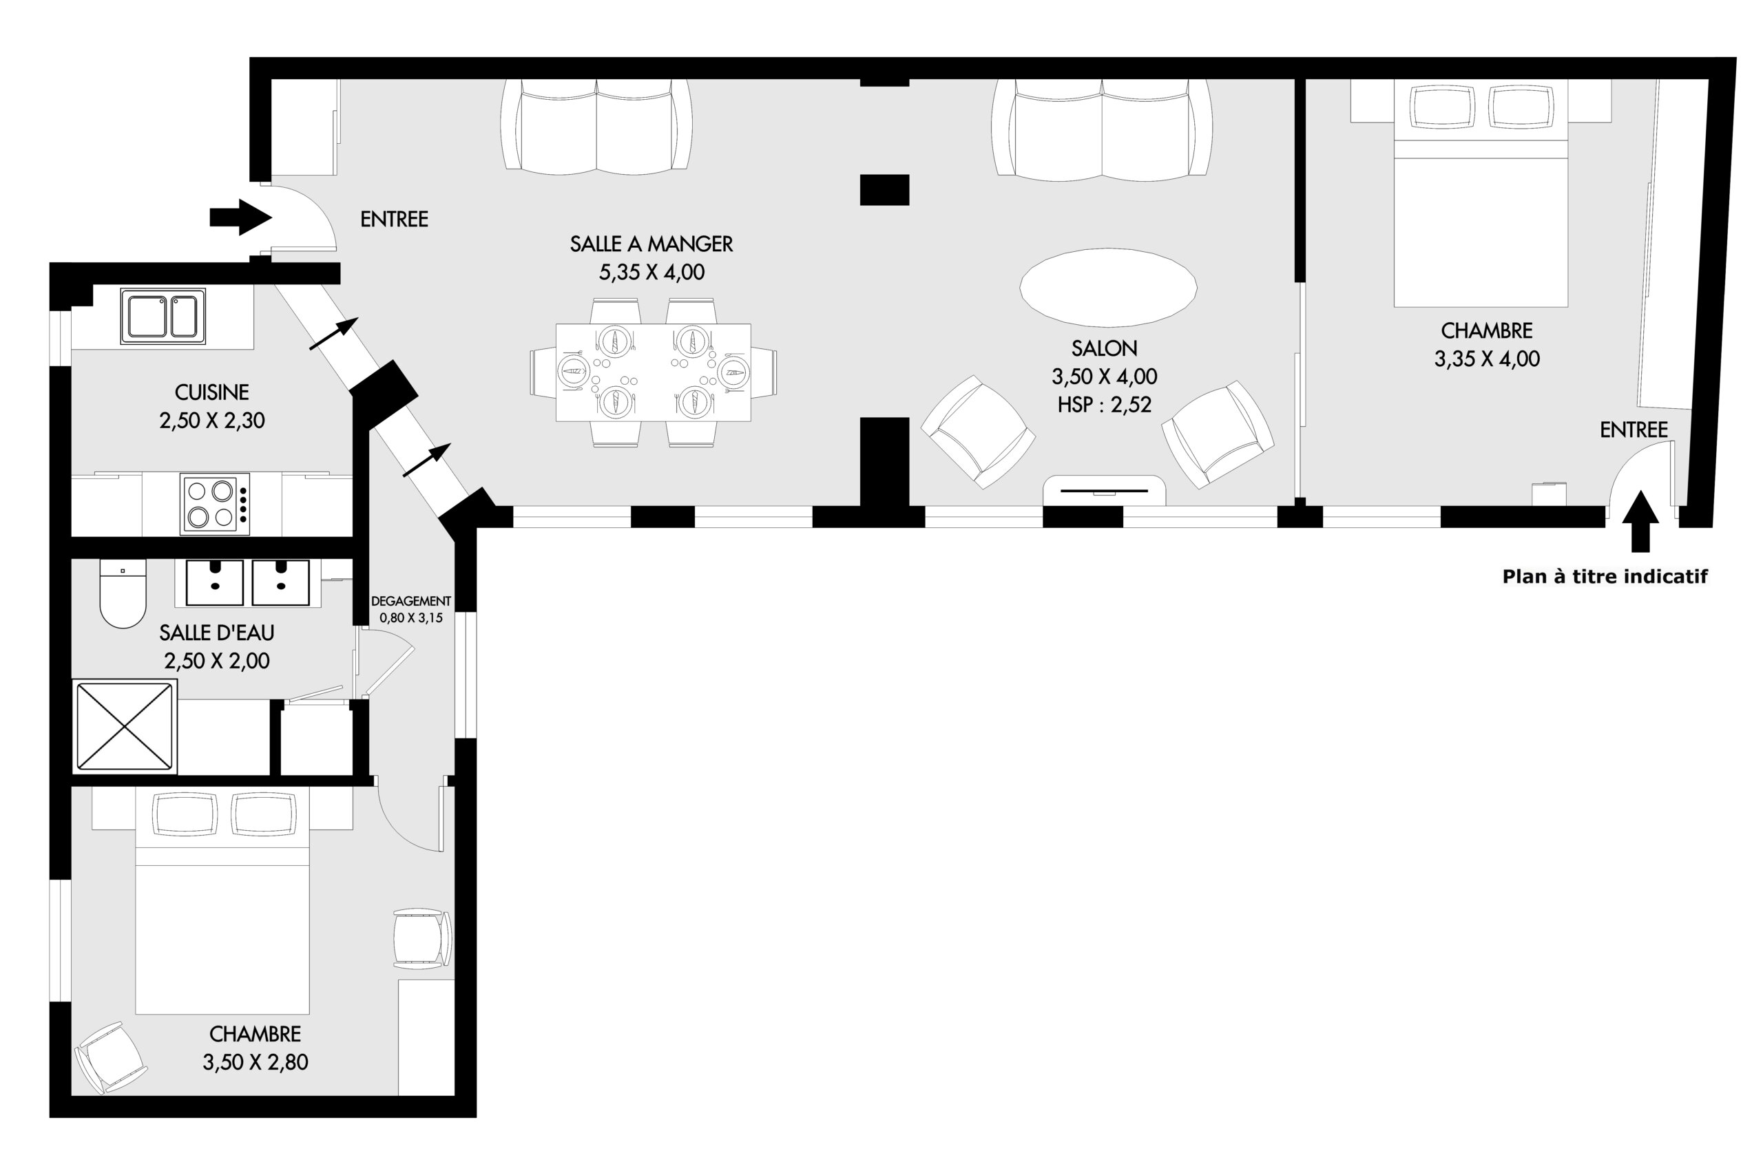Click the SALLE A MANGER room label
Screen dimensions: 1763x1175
click(651, 244)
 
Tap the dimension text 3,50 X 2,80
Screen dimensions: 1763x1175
click(255, 1063)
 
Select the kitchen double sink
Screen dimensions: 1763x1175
click(163, 316)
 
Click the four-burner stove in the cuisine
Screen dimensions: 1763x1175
click(214, 504)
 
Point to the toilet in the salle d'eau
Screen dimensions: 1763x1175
click(123, 593)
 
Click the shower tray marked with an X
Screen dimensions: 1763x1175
click(125, 726)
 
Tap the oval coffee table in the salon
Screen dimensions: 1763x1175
click(1108, 288)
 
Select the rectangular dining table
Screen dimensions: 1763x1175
click(653, 372)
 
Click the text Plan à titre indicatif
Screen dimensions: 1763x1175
click(1605, 576)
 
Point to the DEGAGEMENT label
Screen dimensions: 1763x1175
click(410, 601)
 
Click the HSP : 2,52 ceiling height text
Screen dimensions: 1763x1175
click(1104, 405)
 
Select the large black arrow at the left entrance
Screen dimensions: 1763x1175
click(240, 218)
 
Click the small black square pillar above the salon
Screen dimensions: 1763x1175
click(884, 189)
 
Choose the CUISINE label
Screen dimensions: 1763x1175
click(211, 392)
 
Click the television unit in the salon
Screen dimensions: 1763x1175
click(1104, 491)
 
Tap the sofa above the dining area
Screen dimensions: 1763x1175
click(596, 126)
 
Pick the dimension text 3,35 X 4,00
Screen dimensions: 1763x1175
click(1487, 359)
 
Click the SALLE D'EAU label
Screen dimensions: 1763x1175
click(217, 633)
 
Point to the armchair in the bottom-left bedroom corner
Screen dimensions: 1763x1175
click(111, 1057)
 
